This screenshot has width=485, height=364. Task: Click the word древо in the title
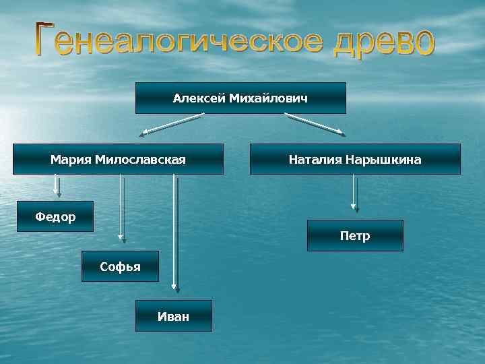pos(380,42)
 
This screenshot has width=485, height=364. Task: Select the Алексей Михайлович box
pos(240,98)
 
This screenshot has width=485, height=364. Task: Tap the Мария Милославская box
pos(118,160)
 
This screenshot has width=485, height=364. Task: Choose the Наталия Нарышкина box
pos(355,160)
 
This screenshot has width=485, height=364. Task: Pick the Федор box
pos(55,216)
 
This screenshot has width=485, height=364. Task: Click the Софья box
pos(120,266)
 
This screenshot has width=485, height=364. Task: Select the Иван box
pos(173,315)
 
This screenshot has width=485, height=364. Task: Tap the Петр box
pos(355,236)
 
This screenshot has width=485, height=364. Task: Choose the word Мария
pos(71,160)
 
